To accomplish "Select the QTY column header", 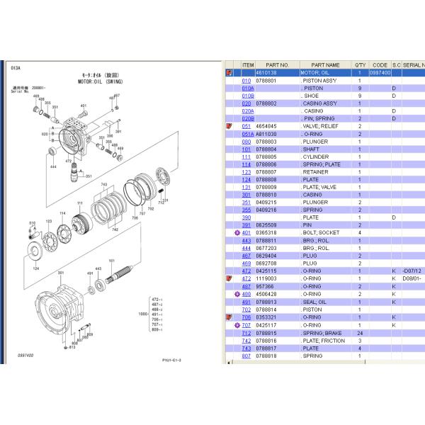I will [359, 64].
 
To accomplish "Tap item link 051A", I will [247, 133].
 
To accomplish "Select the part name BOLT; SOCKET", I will [321, 232].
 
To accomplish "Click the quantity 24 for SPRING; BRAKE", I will [360, 332].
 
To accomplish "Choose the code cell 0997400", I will [380, 72].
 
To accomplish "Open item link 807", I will [246, 356].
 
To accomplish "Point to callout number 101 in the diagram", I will [111, 260].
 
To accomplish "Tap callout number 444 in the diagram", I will [52, 167].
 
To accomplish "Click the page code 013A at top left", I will [16, 68].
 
